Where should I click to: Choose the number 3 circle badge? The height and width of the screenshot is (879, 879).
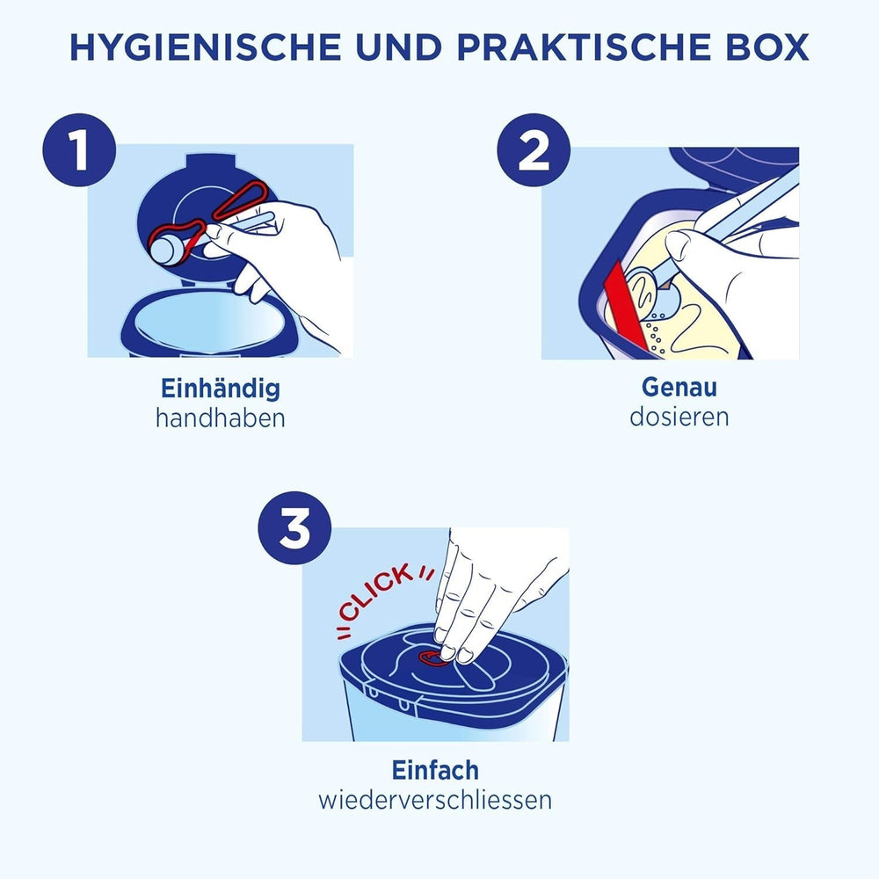click(x=294, y=531)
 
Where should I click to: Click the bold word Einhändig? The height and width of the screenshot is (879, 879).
click(x=221, y=388)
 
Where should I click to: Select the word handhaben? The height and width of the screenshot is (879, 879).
click(x=221, y=418)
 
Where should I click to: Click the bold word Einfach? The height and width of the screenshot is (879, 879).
click(x=436, y=770)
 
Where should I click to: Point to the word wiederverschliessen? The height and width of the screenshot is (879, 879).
click(x=436, y=800)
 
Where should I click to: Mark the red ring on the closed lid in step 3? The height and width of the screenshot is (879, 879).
click(x=432, y=657)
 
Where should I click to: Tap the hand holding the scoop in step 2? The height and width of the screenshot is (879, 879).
click(x=730, y=264)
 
